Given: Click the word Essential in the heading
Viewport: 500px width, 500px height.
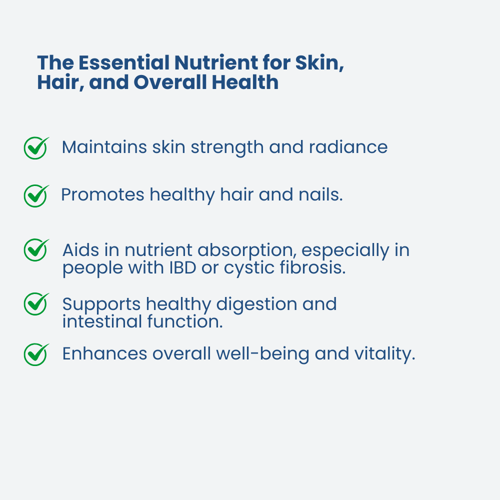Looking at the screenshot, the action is coord(123,62).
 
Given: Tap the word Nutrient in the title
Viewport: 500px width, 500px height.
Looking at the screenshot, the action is coord(216,62).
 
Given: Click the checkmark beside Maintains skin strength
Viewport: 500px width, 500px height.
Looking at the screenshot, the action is coord(36,148).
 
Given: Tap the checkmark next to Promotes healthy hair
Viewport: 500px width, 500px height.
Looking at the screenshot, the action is coord(36,196).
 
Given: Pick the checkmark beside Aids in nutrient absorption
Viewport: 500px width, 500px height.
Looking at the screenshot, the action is coord(36,250).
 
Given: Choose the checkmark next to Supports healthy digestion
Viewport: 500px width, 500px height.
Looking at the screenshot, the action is coord(36,304).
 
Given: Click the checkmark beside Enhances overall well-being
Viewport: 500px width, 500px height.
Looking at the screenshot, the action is coord(36,354).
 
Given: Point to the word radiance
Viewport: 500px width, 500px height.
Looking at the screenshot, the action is coord(348,147).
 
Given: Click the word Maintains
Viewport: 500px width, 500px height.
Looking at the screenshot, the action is coord(104,147).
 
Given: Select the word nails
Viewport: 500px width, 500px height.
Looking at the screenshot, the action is coord(320,194).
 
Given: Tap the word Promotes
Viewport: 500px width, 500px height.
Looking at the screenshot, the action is coord(102,194).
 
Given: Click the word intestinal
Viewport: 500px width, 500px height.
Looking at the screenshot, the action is coord(102,321).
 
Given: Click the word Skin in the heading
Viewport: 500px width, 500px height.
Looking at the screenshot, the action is coord(319,63).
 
